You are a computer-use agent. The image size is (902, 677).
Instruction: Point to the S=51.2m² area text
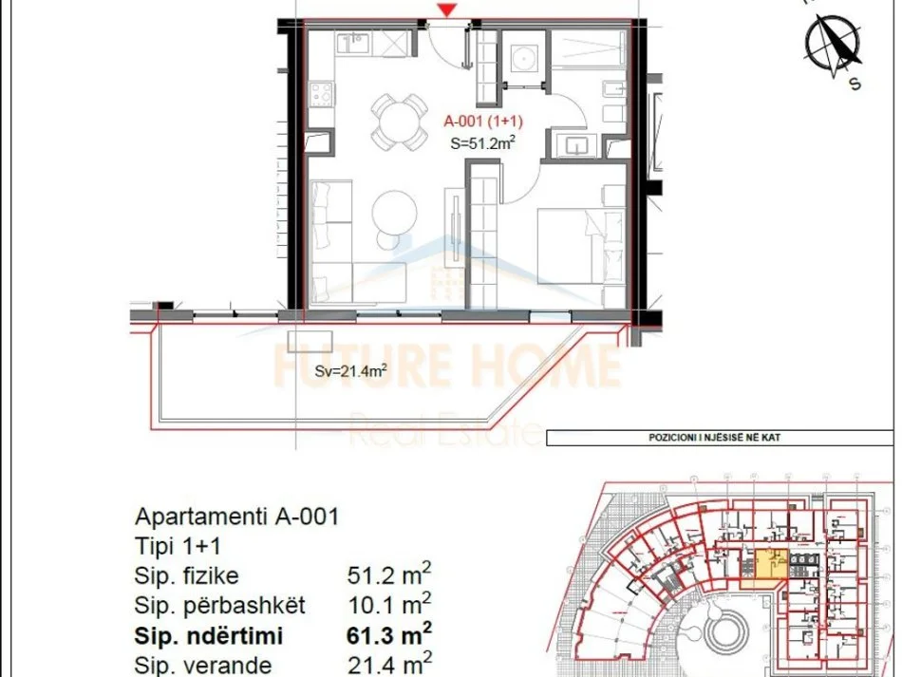point(482,143)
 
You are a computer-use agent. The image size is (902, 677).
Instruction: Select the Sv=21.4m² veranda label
point(349,371)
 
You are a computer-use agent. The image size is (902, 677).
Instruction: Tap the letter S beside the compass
point(855,85)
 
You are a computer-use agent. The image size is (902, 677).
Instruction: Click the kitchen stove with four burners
point(323,94)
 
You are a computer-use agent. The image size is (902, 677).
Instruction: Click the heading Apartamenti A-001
point(236,517)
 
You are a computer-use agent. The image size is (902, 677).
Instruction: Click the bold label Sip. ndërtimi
point(209,635)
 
